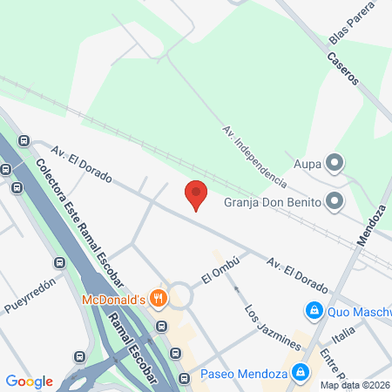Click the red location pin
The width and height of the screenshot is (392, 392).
pyautogui.click(x=196, y=194)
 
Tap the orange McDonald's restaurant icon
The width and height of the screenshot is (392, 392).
pyautogui.click(x=159, y=298)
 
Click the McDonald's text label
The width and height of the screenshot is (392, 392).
pyautogui.click(x=114, y=300)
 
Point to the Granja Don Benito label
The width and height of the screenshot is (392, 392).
pyautogui.click(x=274, y=202)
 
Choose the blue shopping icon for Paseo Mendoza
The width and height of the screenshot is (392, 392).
pyautogui.click(x=301, y=374)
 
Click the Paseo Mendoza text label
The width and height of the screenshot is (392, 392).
pyautogui.click(x=245, y=375)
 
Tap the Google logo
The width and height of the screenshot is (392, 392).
pyautogui.click(x=30, y=382)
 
